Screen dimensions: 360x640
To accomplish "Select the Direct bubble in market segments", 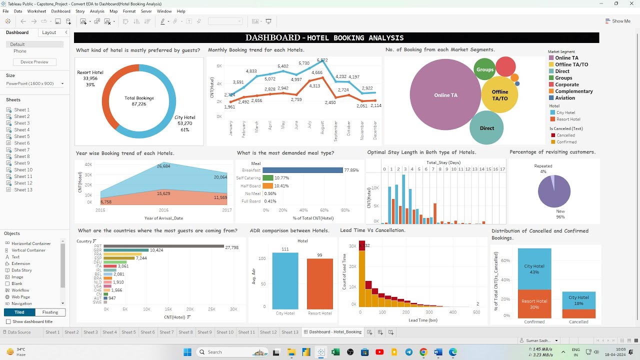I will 486,128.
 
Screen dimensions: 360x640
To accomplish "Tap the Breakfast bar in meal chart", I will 302,170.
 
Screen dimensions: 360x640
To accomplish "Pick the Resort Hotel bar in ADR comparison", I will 319,283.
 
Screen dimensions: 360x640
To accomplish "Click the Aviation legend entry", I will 565,98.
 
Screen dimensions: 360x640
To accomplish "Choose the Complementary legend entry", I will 573,91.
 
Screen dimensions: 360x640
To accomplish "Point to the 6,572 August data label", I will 322,60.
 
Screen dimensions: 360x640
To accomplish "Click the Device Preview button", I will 34,62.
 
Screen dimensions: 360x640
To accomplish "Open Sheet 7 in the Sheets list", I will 21,150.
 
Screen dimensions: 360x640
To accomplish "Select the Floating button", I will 50,312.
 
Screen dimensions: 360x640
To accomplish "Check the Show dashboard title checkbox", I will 8,321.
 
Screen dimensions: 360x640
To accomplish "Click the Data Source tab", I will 19,332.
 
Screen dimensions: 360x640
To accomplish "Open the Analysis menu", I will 97,11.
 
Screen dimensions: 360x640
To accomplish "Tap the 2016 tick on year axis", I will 163,210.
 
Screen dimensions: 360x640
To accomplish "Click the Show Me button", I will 618,21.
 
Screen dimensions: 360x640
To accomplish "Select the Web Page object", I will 21,297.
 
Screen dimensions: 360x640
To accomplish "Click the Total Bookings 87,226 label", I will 139,101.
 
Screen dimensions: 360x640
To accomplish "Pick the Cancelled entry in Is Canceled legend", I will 565,135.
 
